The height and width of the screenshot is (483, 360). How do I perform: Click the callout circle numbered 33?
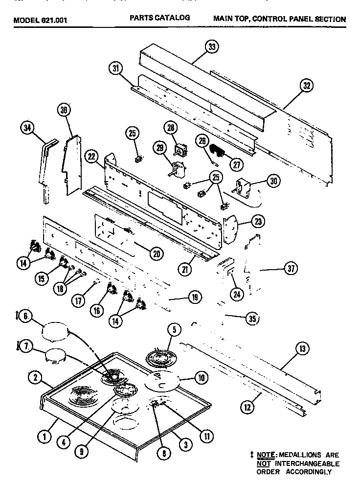pos(211,47)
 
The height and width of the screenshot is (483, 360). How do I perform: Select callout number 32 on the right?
pos(307,86)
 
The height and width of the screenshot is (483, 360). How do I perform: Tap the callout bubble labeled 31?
pos(116,69)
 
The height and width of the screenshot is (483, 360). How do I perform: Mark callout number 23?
pos(258,221)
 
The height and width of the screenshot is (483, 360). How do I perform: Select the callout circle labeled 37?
pos(292,269)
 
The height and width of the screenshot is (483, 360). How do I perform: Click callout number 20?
pos(157,253)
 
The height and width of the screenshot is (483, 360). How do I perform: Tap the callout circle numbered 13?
pos(303,348)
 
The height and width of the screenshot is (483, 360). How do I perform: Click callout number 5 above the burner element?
pos(173,330)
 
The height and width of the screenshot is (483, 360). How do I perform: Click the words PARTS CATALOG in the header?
pos(159,18)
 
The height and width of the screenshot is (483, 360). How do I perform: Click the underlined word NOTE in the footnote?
pos(266,455)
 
